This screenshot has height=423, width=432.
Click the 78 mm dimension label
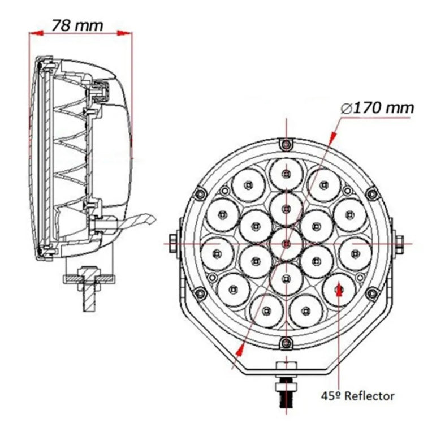(77, 25)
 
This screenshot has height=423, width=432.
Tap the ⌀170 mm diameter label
(378, 107)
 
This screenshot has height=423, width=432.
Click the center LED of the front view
(287, 243)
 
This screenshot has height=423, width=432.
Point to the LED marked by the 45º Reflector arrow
(339, 290)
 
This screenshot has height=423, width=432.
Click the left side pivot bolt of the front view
(174, 243)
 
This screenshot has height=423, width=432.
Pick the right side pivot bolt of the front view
(399, 243)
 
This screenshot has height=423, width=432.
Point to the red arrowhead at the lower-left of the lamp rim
(242, 349)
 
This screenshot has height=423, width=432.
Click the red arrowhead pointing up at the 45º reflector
(339, 292)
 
